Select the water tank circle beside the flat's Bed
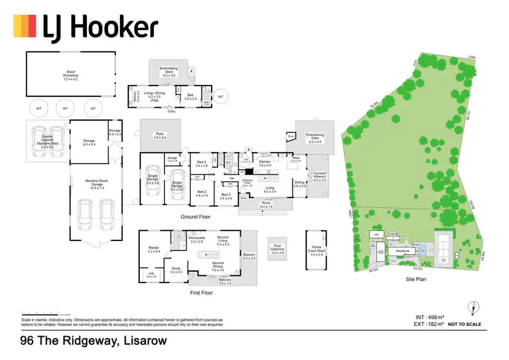tap(221, 96)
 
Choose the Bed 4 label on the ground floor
tap(202, 163)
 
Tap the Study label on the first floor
tap(175, 270)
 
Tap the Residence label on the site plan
tap(395, 251)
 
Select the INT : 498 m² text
tap(430, 317)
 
